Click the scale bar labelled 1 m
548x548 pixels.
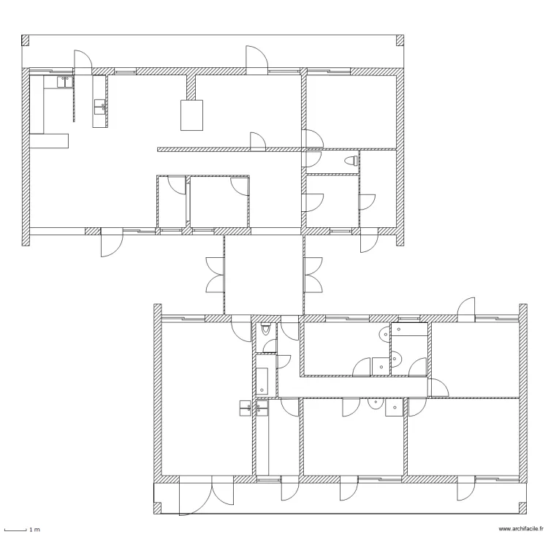(15, 530)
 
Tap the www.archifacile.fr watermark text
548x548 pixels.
(521, 529)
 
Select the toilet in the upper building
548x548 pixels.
(351, 161)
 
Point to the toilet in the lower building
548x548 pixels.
(266, 329)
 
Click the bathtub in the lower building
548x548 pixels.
(262, 381)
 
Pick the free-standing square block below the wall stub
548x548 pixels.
(191, 115)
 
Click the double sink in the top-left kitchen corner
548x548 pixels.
(65, 82)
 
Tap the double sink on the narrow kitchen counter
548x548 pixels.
(100, 107)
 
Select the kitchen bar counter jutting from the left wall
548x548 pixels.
(48, 141)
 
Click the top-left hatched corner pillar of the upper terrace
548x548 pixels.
(25, 40)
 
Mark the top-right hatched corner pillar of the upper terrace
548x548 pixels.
(400, 40)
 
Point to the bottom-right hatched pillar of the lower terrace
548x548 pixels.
(522, 508)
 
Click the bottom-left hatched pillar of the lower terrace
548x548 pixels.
(158, 508)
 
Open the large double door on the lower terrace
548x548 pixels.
(206, 495)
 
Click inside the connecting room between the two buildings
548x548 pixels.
(264, 274)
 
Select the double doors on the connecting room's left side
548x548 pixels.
(215, 275)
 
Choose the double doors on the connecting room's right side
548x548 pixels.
(313, 275)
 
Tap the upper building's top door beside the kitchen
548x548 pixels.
(83, 62)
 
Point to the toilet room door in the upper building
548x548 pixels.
(313, 159)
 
